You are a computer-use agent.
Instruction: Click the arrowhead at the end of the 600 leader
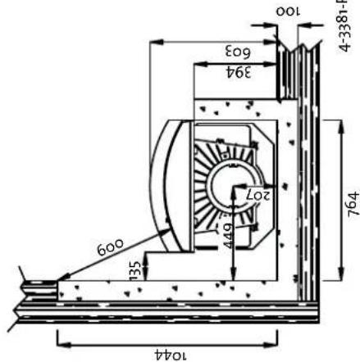(60, 279)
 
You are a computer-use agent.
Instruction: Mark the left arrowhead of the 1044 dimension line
(59, 335)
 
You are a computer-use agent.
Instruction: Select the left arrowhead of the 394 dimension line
(195, 62)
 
